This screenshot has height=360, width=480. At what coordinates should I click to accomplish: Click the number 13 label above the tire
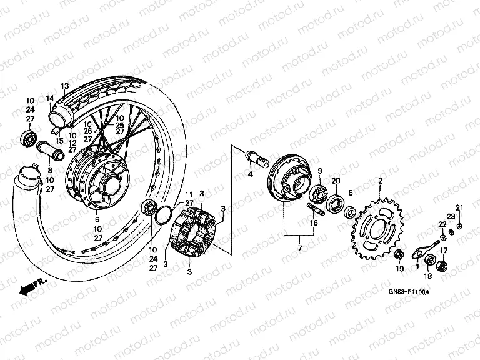(x=64, y=86)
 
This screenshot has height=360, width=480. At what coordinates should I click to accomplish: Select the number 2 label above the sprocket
(x=379, y=181)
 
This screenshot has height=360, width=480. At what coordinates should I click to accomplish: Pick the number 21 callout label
(x=459, y=207)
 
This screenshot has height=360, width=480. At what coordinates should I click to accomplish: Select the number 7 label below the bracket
(x=299, y=249)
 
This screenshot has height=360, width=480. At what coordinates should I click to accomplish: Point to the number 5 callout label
(x=351, y=193)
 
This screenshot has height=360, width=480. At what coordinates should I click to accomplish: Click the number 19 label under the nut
(x=398, y=269)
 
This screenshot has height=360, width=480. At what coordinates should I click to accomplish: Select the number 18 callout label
(x=428, y=276)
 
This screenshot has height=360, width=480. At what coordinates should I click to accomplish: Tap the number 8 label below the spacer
(x=50, y=169)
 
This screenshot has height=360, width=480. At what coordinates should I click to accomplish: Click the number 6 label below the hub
(x=97, y=219)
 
